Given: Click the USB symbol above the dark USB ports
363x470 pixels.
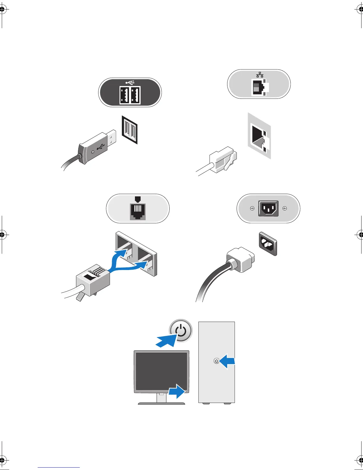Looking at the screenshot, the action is (130, 82).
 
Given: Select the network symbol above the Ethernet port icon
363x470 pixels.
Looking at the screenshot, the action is (260, 74).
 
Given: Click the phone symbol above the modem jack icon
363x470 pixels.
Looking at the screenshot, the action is (137, 199).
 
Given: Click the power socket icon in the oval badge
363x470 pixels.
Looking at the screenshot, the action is (268, 208).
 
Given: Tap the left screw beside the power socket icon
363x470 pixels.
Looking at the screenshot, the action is (252, 208).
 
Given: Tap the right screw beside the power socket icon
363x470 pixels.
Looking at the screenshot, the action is (285, 208).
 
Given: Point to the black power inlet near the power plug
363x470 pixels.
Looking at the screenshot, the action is (268, 244).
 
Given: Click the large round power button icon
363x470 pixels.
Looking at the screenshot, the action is (181, 331).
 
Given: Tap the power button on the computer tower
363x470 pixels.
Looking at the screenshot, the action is (216, 361).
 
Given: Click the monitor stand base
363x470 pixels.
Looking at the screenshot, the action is (162, 403).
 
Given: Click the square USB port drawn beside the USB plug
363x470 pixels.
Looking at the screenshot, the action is (130, 130).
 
